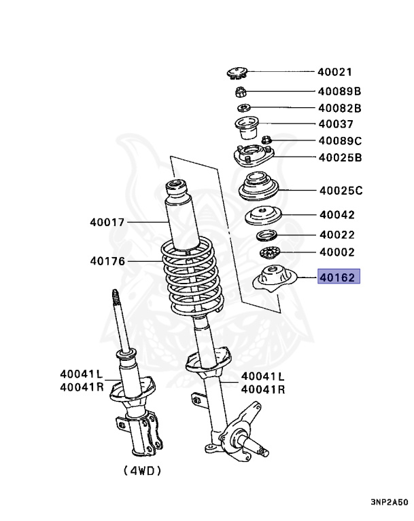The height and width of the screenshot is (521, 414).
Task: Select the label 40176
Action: (x=107, y=260)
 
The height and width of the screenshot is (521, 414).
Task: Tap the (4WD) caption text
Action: (x=143, y=470)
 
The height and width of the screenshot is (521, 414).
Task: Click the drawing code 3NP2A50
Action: (x=390, y=503)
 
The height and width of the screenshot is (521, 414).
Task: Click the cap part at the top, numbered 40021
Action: (x=237, y=72)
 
